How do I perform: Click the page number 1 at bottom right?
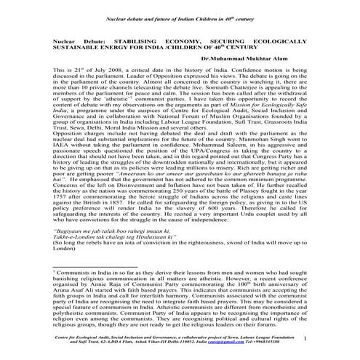[x=325, y=339]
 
